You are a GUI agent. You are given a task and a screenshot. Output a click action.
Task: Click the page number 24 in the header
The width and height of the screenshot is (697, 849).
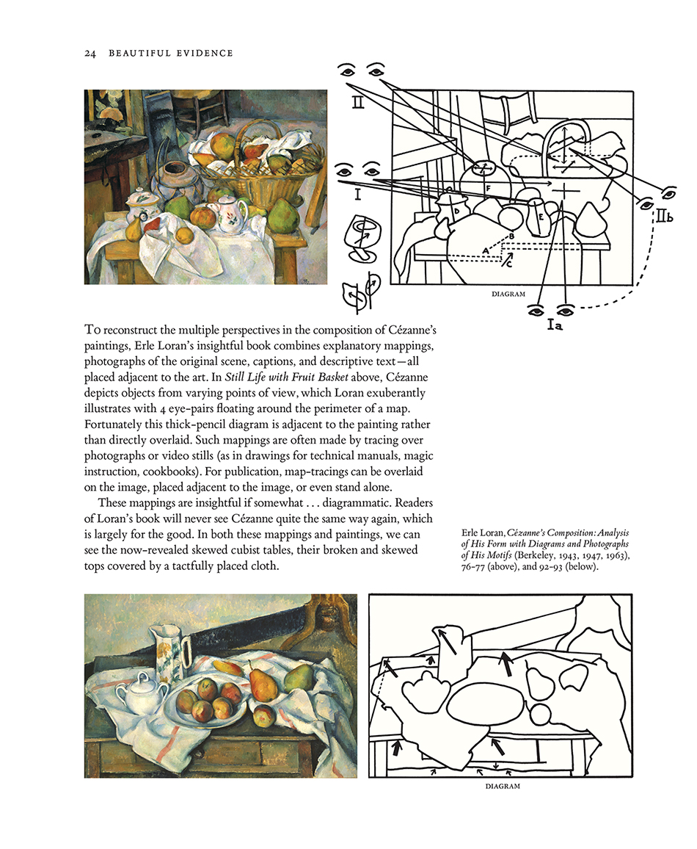tap(91, 54)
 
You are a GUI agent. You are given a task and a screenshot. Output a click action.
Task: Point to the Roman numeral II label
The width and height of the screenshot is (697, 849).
tap(357, 104)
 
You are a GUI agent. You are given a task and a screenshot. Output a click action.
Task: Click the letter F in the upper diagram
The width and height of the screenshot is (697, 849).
tap(488, 189)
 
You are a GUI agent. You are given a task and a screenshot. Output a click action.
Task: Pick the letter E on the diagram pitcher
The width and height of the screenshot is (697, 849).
tap(541, 217)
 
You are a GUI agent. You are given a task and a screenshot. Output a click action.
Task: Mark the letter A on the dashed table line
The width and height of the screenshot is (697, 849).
tap(485, 250)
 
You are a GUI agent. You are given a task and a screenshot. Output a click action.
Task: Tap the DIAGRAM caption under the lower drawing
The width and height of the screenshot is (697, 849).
tap(503, 786)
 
